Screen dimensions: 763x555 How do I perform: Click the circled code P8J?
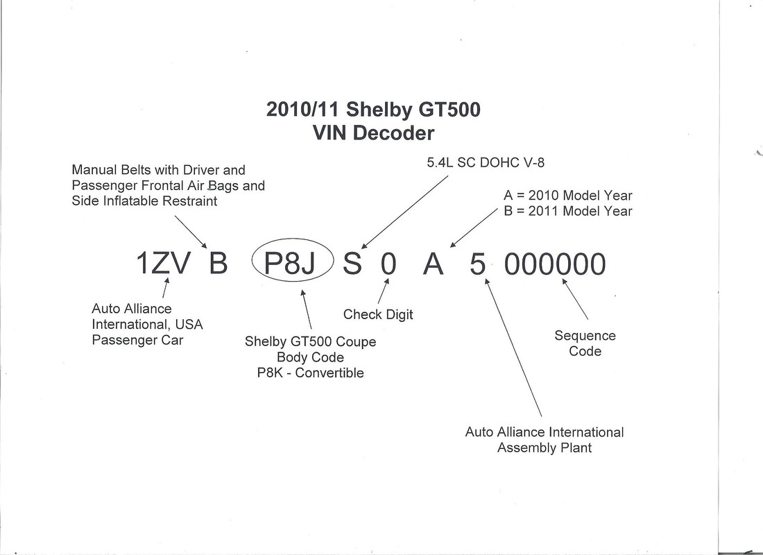click(x=290, y=264)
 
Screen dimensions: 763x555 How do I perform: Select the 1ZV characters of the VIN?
click(x=164, y=264)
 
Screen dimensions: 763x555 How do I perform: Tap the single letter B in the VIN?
click(x=218, y=264)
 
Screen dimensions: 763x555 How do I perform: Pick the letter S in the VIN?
click(x=352, y=264)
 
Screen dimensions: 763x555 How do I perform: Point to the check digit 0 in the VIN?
click(x=388, y=264)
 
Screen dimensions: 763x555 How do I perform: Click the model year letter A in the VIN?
click(x=433, y=264)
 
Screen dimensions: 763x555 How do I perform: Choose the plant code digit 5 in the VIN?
click(x=477, y=264)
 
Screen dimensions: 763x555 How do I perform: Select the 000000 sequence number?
click(x=555, y=264)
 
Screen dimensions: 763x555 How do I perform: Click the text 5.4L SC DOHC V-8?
click(x=486, y=162)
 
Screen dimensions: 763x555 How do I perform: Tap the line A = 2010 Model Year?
click(x=568, y=196)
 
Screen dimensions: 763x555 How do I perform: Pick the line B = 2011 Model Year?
click(x=568, y=212)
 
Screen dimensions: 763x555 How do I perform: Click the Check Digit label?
click(x=378, y=315)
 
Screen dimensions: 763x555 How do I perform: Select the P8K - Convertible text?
click(x=311, y=373)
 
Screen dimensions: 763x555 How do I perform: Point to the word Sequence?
click(x=585, y=336)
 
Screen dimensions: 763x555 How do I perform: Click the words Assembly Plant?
click(x=545, y=448)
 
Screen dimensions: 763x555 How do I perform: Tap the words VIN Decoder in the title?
click(x=373, y=133)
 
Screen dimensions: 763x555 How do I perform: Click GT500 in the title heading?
click(x=449, y=109)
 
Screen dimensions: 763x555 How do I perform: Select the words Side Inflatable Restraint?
click(x=144, y=201)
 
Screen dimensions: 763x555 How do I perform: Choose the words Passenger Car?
click(x=138, y=340)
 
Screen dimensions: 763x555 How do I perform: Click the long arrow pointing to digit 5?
click(x=513, y=348)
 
